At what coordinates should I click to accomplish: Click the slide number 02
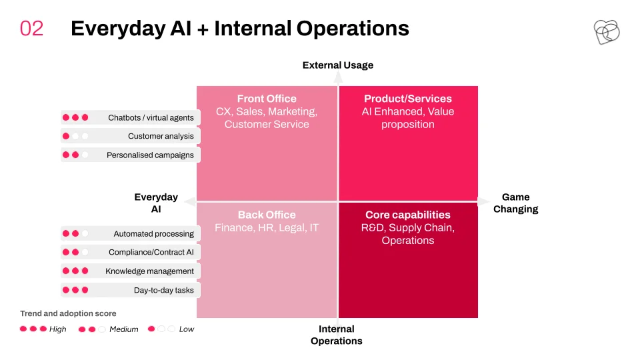[31, 29]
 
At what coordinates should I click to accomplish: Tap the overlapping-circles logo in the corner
[607, 32]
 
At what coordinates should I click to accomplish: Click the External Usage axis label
[338, 65]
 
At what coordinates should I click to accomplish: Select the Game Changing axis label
[515, 203]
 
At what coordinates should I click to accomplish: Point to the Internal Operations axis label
[336, 335]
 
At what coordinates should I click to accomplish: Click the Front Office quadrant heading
[267, 99]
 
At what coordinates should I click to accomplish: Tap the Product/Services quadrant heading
[408, 99]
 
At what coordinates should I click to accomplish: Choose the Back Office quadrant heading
[267, 215]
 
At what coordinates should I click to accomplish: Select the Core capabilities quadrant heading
[408, 215]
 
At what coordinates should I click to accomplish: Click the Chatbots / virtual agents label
[151, 117]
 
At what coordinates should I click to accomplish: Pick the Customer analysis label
[161, 136]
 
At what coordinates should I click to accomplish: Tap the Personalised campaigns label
[150, 155]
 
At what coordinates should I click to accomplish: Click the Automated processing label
[154, 234]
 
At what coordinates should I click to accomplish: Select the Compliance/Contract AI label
[151, 252]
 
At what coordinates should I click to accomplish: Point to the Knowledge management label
[149, 271]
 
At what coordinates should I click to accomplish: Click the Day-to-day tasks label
[164, 290]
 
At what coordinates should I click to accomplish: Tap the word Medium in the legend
[124, 329]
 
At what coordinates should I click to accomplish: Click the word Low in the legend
[187, 329]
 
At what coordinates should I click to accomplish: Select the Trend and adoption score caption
[68, 313]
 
